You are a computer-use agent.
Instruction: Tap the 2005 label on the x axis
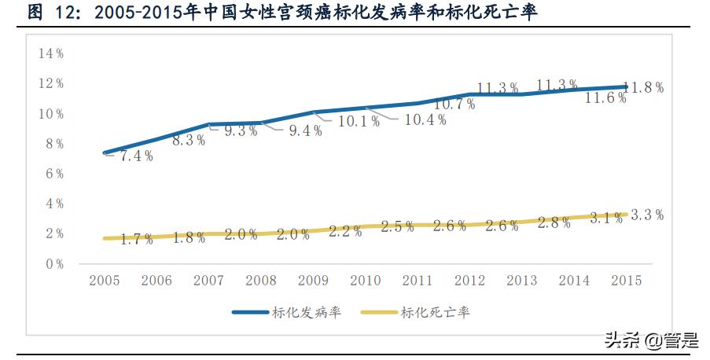coord(104,281)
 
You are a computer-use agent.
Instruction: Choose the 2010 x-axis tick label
coord(365,281)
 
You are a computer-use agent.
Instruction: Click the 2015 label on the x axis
coord(626,281)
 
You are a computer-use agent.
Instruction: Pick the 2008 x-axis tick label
coord(260,281)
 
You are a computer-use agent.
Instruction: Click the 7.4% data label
coord(135,156)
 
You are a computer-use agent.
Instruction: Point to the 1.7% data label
coord(137,239)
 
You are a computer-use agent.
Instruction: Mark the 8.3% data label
coord(189,140)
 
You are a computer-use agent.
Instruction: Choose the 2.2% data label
coord(345,231)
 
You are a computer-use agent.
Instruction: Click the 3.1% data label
coord(605,218)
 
